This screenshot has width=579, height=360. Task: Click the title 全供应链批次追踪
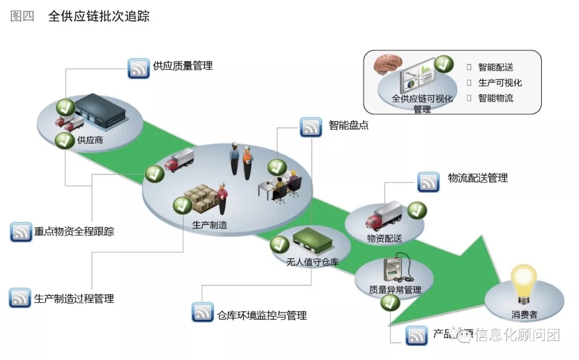click(x=99, y=16)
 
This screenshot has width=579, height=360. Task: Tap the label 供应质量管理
click(x=182, y=66)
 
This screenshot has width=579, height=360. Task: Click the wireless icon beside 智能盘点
click(x=311, y=127)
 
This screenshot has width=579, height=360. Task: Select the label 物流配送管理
click(x=478, y=178)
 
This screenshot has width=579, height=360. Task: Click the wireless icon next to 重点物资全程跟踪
click(x=21, y=232)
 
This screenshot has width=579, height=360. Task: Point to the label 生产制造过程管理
click(x=74, y=298)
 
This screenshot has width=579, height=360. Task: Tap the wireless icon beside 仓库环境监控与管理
click(x=203, y=312)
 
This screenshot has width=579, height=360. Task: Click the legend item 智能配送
click(x=495, y=67)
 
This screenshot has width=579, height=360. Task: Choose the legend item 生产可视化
click(x=500, y=82)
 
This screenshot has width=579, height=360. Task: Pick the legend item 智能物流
click(x=495, y=98)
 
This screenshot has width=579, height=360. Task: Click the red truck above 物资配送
click(x=383, y=216)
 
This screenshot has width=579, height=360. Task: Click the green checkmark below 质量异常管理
click(x=390, y=304)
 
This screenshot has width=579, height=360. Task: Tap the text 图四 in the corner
click(x=22, y=16)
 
